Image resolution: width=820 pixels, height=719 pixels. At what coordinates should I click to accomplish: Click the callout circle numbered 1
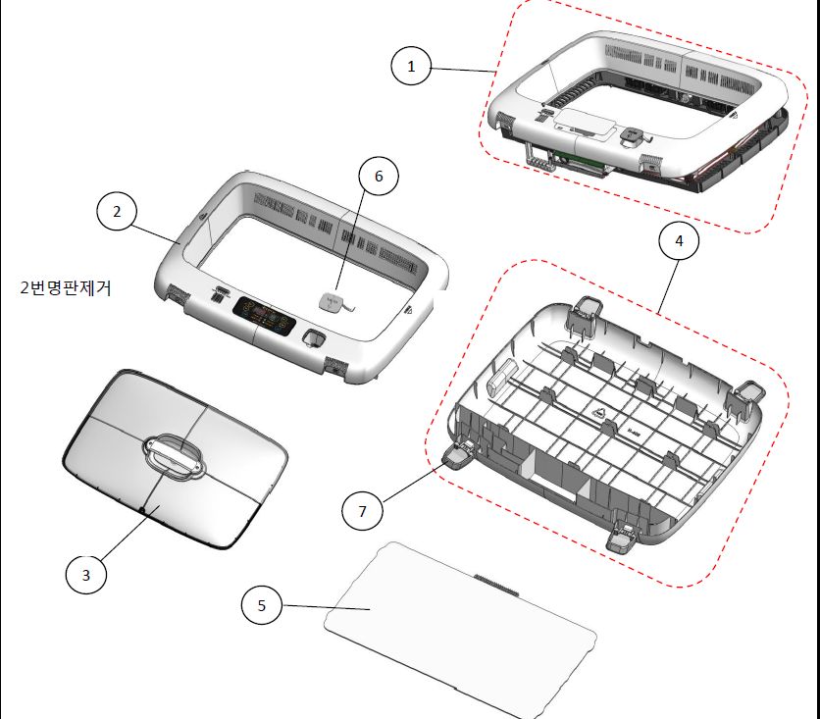[411, 67]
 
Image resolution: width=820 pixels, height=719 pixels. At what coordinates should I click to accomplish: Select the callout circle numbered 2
[117, 212]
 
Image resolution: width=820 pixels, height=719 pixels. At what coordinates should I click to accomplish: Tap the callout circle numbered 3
[86, 575]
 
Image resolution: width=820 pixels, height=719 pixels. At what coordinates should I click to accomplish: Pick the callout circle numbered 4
[679, 240]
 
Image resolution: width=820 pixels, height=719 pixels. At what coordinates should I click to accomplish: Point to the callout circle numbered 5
[262, 605]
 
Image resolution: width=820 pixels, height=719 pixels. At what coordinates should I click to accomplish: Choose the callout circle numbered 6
[379, 176]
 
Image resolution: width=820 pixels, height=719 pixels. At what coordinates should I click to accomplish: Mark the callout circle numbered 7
[362, 511]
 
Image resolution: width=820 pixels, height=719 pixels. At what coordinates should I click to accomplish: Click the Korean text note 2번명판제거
[66, 288]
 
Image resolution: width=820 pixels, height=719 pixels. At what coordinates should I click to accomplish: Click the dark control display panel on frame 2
[265, 317]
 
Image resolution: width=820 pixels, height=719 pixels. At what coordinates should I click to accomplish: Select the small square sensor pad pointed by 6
[331, 302]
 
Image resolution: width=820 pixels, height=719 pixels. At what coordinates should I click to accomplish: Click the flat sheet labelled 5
[460, 630]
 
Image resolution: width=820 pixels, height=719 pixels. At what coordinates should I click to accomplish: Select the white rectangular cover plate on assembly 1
[584, 124]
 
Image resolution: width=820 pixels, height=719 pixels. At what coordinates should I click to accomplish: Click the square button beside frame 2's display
[314, 337]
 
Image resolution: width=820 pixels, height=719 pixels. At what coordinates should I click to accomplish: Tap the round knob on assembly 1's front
[634, 135]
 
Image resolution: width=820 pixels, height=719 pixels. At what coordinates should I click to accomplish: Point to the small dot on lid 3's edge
[143, 509]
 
